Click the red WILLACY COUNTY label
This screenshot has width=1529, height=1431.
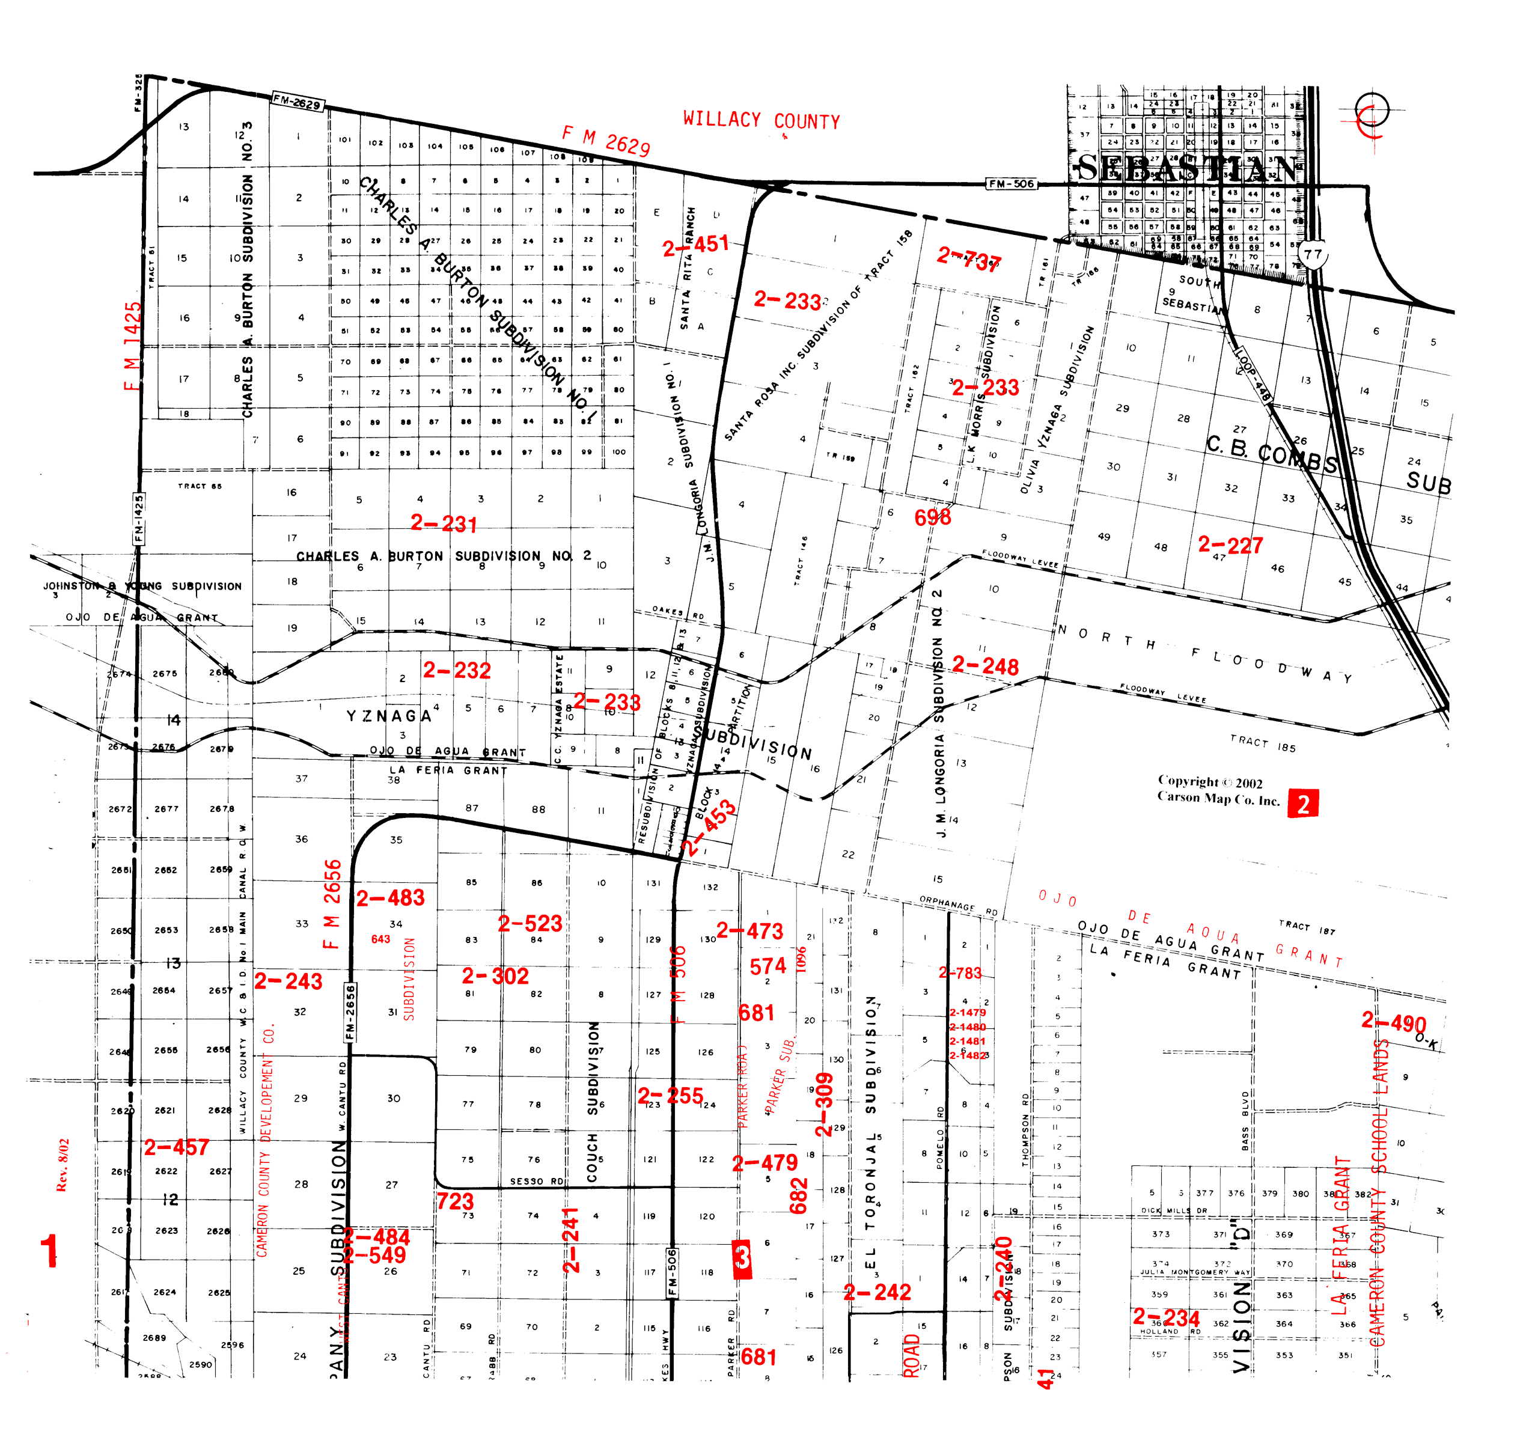click(761, 121)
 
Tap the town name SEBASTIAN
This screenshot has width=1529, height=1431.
click(1188, 168)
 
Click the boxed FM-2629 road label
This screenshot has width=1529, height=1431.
click(298, 102)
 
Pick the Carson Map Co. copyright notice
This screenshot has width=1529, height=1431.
click(1218, 790)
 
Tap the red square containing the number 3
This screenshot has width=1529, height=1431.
click(742, 1259)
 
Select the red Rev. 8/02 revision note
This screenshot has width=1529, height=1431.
click(63, 1165)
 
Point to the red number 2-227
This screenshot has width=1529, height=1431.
click(1230, 545)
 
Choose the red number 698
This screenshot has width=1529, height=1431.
click(932, 517)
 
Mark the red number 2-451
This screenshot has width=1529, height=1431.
click(695, 246)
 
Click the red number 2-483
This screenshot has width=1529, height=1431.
click(390, 897)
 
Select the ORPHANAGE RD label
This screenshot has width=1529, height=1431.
click(958, 905)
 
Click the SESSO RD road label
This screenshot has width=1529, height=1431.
click(536, 1181)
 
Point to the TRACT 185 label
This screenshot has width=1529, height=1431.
click(1262, 743)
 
